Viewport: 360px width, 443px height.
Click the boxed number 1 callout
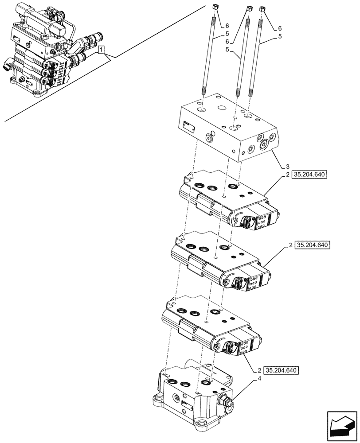point(102,50)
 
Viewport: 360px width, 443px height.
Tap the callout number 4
point(259,379)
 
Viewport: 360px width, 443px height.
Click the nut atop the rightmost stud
point(262,8)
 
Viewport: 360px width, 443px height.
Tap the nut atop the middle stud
point(248,9)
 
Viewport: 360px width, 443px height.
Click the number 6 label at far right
point(280,28)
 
